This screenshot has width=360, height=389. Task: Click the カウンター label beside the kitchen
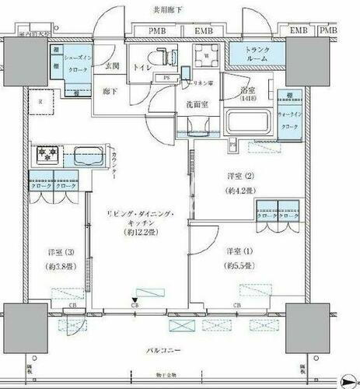tap(114, 166)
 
